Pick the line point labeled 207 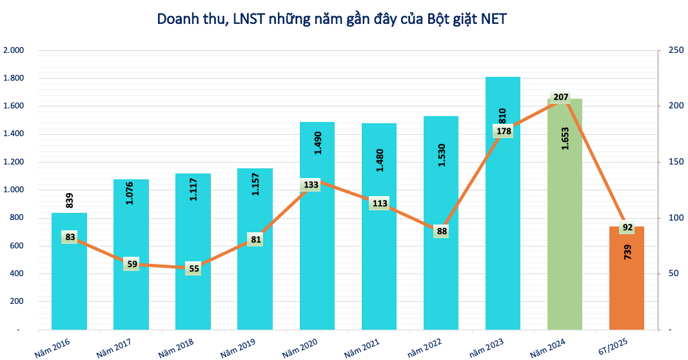(x=561, y=97)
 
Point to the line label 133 (x=311, y=185)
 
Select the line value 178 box (x=504, y=131)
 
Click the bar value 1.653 (x=565, y=137)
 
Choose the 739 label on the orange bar (x=627, y=252)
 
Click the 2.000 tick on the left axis (x=14, y=50)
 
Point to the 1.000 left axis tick (x=14, y=190)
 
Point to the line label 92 (x=627, y=227)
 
